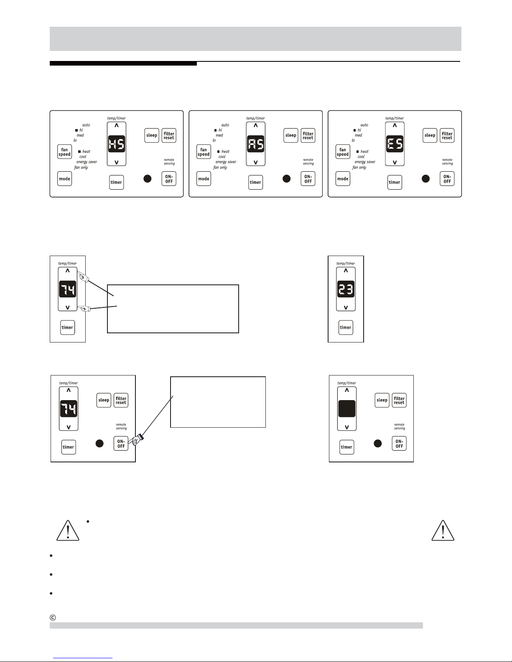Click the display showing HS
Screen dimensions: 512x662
point(117,144)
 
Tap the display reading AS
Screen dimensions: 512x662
point(256,144)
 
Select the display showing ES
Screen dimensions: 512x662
point(395,144)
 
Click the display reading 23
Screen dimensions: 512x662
point(346,289)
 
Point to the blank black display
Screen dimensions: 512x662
point(347,408)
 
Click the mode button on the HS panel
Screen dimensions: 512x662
point(65,178)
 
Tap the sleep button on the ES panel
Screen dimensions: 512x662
point(430,135)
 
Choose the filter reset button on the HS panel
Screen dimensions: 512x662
point(169,135)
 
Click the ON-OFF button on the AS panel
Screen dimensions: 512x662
point(308,178)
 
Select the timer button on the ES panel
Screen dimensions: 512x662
point(395,182)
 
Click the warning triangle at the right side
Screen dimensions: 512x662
point(443,531)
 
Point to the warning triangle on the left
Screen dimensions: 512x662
point(68,531)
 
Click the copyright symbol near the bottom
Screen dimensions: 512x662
point(53,618)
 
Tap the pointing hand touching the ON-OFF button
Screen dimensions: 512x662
point(136,439)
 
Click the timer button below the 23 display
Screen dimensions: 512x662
point(346,327)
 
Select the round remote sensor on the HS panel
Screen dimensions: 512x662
point(148,178)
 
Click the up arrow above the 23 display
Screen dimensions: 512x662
point(346,271)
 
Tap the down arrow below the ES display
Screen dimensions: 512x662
point(395,162)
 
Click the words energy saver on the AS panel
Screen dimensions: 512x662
point(226,162)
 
